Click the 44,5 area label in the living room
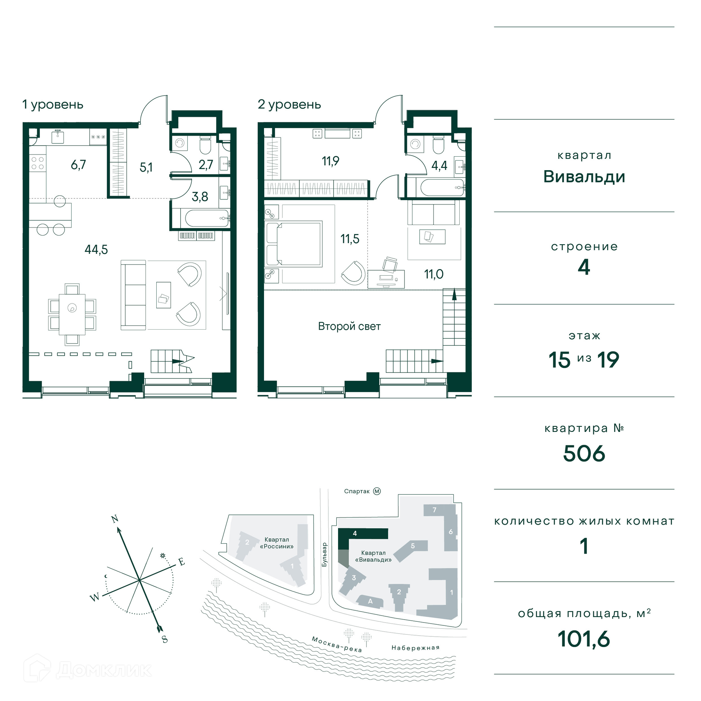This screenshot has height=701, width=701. point(96,250)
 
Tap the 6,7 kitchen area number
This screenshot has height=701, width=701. point(78,165)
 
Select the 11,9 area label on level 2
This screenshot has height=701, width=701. point(330,161)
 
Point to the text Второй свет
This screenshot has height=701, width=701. point(349,326)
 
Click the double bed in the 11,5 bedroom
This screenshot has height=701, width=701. point(294,244)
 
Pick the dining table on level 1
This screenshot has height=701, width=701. point(72,314)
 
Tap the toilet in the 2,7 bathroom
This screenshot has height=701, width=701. point(205,145)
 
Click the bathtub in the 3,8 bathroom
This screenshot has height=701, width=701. point(207,218)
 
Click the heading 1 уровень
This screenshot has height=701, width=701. point(53,105)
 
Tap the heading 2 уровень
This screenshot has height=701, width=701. point(289,105)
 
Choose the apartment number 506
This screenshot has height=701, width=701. point(584,453)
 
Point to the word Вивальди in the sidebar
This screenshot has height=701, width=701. point(584,177)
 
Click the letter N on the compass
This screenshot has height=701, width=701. point(115,519)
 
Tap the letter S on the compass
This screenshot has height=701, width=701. point(165,639)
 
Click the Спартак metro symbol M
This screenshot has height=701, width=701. point(377,491)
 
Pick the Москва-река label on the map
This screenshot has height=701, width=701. point(337,644)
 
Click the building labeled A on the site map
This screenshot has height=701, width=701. point(369,601)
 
